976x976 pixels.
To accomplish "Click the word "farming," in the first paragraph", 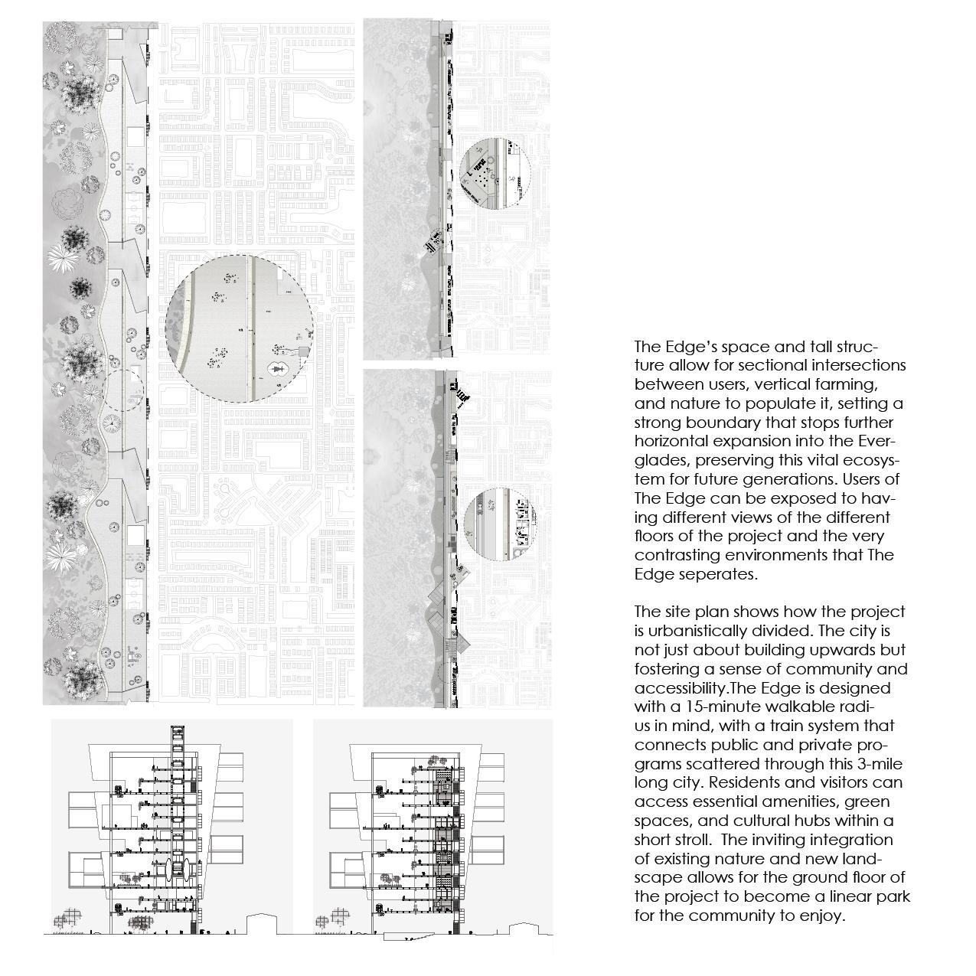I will [x=842, y=384].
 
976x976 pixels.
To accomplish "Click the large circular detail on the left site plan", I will [x=240, y=328].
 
